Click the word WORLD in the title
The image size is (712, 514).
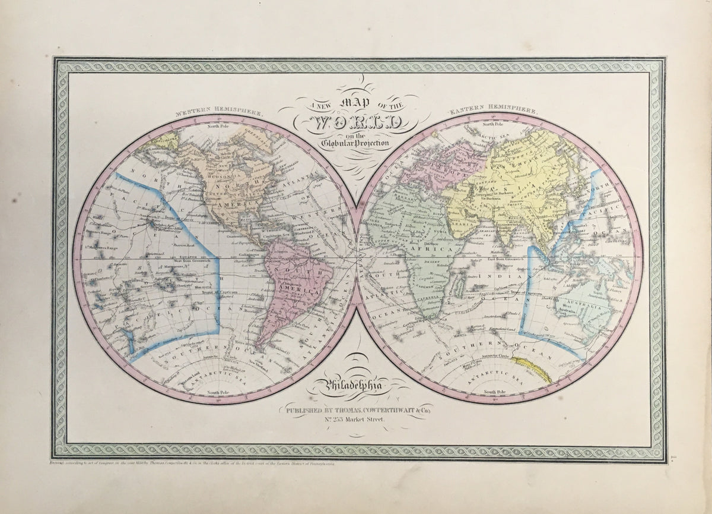click(354, 123)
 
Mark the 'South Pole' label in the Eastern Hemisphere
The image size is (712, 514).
click(494, 392)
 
